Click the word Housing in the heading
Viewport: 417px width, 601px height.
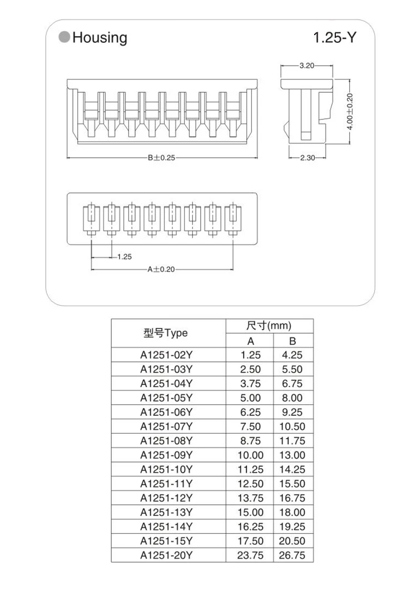(100, 38)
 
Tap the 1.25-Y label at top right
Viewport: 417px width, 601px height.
(334, 38)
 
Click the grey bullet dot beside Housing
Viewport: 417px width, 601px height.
(64, 38)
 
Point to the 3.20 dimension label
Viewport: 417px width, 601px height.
(307, 66)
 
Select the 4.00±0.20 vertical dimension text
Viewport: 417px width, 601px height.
(350, 111)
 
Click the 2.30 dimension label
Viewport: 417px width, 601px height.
(307, 158)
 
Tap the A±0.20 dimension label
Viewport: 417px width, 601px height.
(161, 269)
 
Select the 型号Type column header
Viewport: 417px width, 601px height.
(166, 333)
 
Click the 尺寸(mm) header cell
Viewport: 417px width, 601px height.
(269, 326)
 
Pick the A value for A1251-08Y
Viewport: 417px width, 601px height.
(250, 441)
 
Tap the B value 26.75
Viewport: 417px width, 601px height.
(292, 555)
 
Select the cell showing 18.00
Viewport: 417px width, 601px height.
(292, 512)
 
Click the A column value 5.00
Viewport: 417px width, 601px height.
(250, 398)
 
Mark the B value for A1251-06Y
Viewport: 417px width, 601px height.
(292, 412)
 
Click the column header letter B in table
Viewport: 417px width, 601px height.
(292, 341)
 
